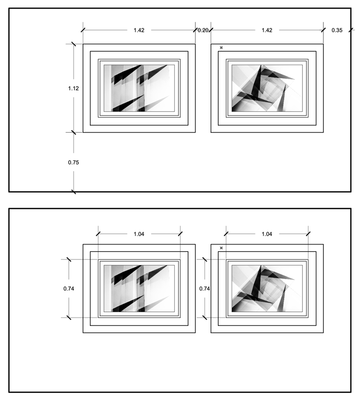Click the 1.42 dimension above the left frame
[x=139, y=30]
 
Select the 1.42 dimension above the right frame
[x=267, y=30]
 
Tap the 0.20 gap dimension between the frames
[x=203, y=30]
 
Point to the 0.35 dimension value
[x=337, y=30]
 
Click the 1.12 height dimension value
[x=73, y=88]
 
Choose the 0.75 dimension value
[x=73, y=162]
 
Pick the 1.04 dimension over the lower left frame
[x=139, y=234]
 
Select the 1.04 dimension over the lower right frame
[x=267, y=234]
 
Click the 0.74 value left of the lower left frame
[x=69, y=289]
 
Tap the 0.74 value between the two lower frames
[x=204, y=289]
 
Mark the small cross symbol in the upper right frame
[x=221, y=47]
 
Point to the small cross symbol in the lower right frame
[x=221, y=248]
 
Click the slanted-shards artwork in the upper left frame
[x=139, y=88]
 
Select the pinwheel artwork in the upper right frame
[x=267, y=88]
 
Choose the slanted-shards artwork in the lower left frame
[x=139, y=289]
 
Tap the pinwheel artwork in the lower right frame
[x=267, y=289]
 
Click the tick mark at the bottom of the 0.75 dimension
[x=74, y=192]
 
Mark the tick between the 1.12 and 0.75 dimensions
[x=74, y=133]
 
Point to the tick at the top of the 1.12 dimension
[x=74, y=44]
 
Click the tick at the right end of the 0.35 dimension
[x=351, y=30]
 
